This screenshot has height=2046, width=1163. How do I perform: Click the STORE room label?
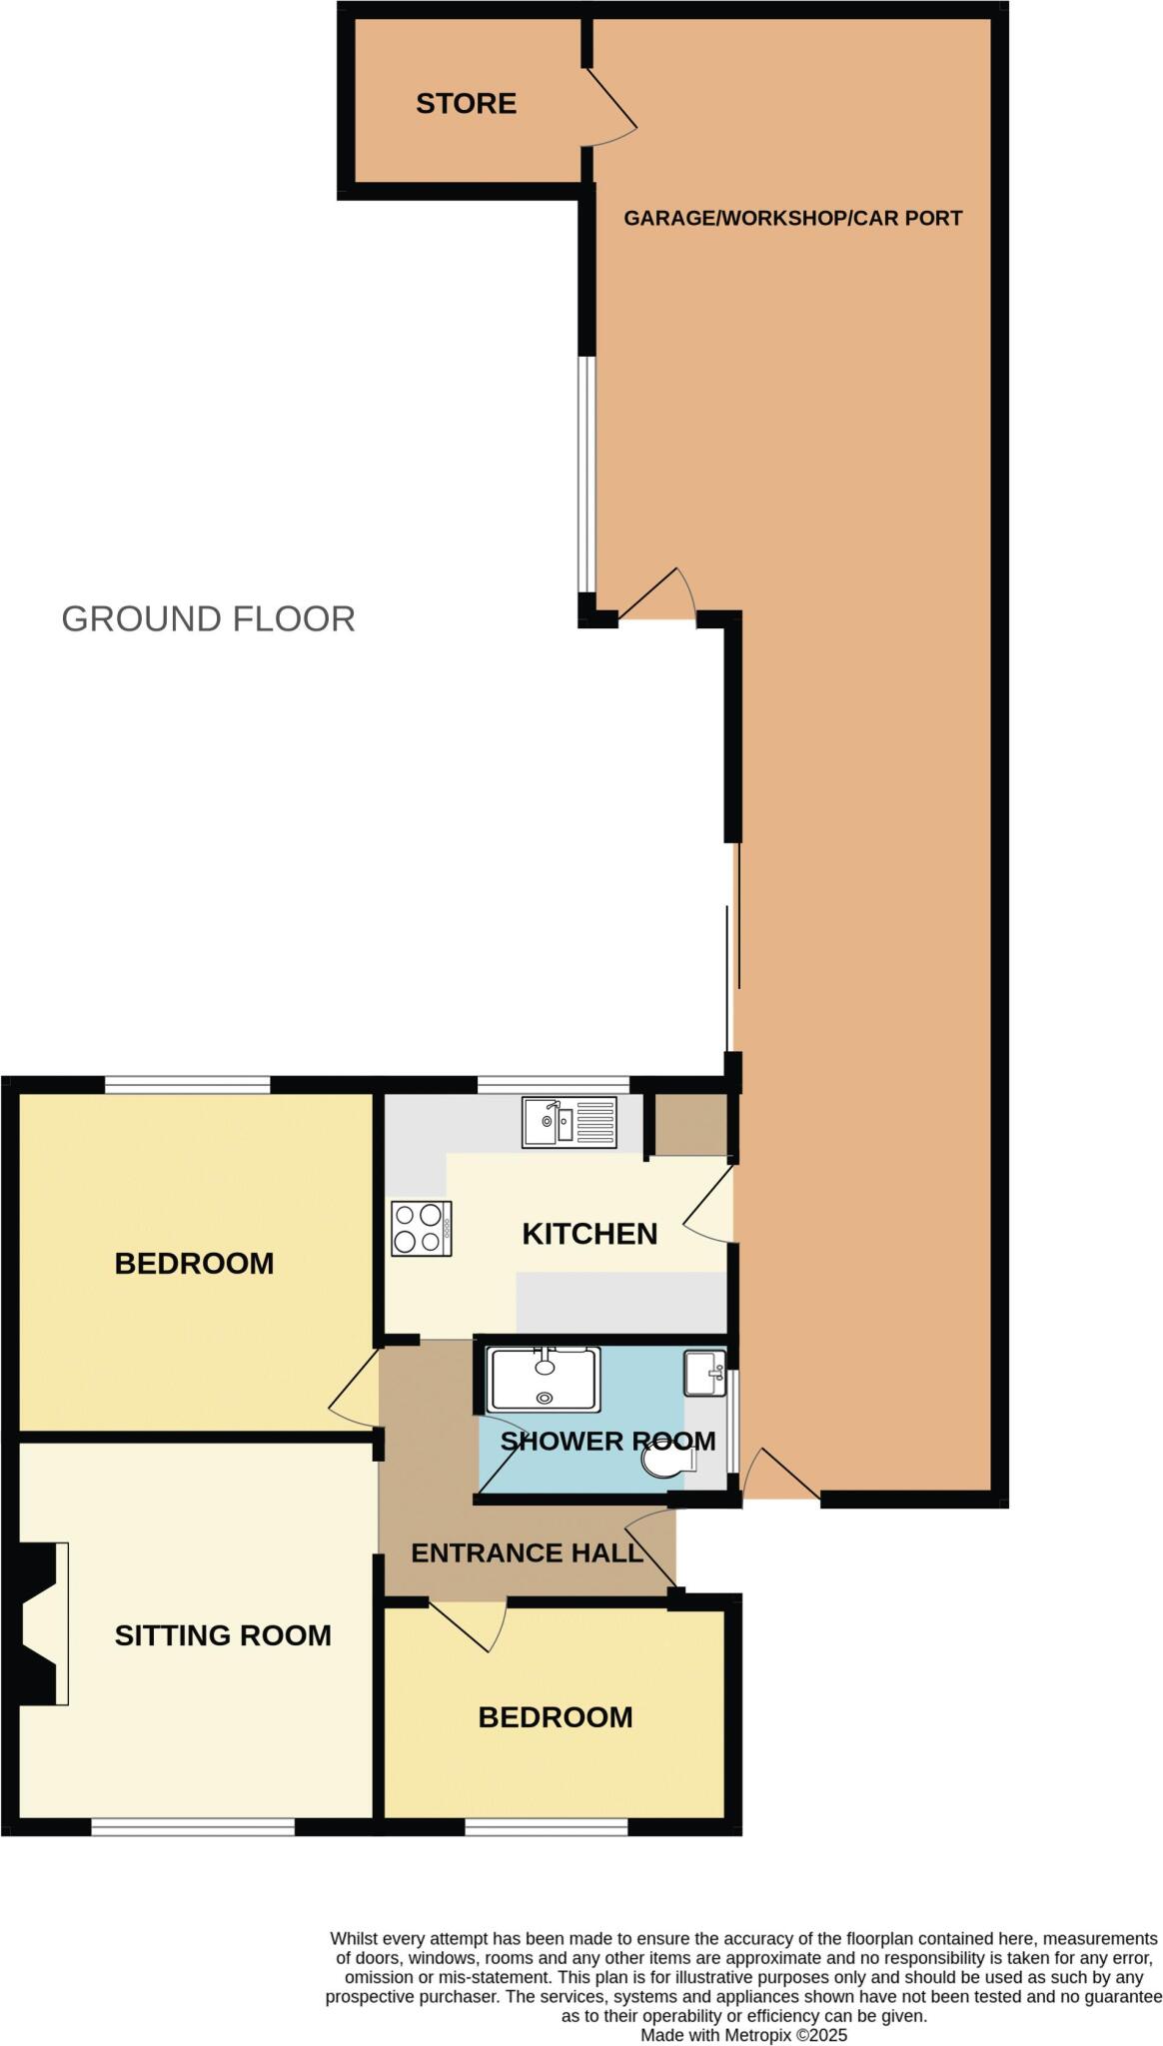point(466,104)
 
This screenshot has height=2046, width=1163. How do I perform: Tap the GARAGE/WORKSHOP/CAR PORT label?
point(792,218)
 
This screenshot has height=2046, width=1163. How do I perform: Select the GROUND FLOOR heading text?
point(208,619)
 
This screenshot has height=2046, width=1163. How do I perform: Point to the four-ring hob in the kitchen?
point(421,1228)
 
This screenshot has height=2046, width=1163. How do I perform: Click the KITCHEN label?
point(589,1234)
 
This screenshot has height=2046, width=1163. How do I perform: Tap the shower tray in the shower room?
point(544,1379)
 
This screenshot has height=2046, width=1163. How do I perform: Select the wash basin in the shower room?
point(704,1374)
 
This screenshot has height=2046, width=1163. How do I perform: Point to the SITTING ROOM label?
point(223,1635)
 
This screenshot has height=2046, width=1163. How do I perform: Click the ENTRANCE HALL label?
point(527,1552)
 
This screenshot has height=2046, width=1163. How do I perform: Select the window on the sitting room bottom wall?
point(193,1826)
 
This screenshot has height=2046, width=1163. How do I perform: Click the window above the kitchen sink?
point(553,1085)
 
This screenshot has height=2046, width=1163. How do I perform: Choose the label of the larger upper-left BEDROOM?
point(194,1264)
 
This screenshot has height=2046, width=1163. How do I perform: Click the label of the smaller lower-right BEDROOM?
point(556,1717)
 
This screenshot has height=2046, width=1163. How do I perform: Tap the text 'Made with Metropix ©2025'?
point(743,2035)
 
